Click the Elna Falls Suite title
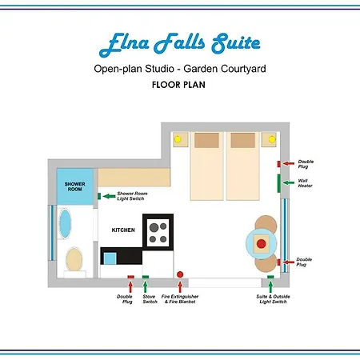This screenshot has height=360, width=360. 179,44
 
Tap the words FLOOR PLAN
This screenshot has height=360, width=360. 178,85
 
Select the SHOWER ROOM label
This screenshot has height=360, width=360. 74,186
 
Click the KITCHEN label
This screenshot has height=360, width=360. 123,230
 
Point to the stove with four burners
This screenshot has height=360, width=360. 158,232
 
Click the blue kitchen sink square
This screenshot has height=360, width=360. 110,258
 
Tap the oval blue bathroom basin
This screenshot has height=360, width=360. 65,223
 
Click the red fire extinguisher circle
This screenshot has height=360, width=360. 180,274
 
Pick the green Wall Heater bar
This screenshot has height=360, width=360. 278,183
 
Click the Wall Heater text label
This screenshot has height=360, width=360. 305,183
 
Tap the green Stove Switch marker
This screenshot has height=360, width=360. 146,277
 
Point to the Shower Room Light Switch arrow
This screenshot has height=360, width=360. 109,196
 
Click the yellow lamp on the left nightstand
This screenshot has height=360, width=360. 178,139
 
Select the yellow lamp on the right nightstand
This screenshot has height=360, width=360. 272,139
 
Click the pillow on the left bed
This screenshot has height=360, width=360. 206,140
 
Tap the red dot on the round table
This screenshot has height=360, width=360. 262,243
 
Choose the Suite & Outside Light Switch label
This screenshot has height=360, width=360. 273,299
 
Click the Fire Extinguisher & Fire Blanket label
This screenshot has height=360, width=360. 180,299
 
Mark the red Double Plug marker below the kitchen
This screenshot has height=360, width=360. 130,277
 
